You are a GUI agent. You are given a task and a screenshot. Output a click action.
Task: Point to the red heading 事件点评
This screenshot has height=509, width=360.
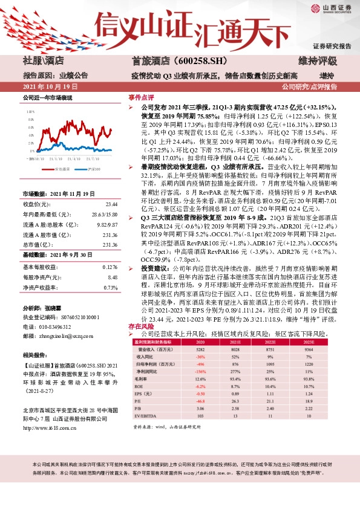pos(141,97)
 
